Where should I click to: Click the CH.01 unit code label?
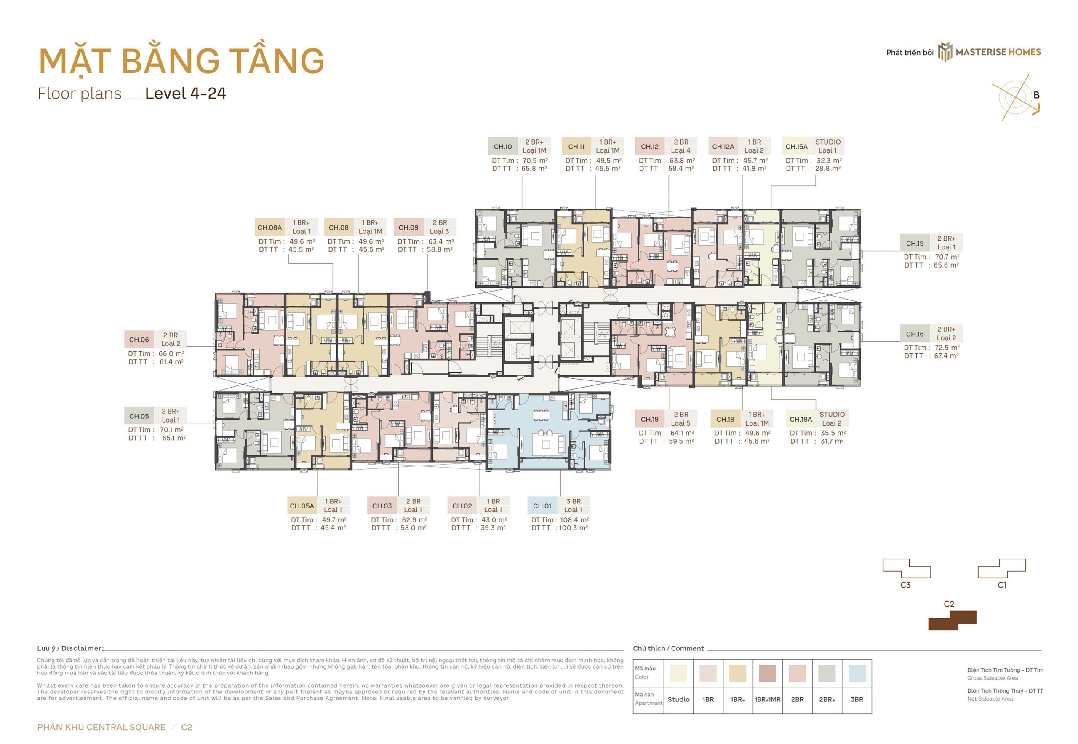coord(542,506)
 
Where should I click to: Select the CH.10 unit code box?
coord(503,146)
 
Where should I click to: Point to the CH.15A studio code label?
coord(797,146)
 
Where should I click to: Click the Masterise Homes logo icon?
coord(945,52)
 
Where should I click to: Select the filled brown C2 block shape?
coord(952,621)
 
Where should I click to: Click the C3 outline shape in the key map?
coord(907,569)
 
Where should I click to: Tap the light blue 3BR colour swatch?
coord(857,673)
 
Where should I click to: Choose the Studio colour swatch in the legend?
coord(678,673)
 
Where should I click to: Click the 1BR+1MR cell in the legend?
coord(768,700)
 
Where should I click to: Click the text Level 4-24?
coord(185,93)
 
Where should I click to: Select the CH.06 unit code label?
coord(139,340)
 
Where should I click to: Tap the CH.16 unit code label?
coord(915,334)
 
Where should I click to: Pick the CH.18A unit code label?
coord(801,419)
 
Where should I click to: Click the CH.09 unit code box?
coord(408,227)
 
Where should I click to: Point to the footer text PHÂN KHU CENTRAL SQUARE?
coord(101,727)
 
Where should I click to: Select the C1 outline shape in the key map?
coord(1002,569)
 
